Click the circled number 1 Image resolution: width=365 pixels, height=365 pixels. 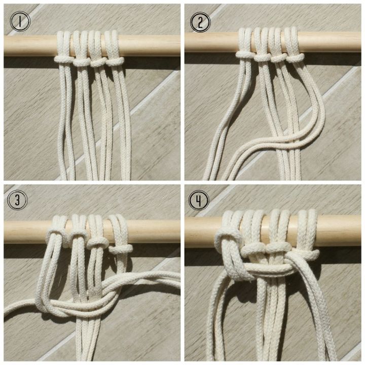20,21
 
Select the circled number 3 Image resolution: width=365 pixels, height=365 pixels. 18,200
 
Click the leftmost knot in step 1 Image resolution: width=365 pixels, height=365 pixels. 64,59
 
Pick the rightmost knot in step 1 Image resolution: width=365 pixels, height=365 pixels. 115,61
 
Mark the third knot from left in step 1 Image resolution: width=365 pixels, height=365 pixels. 98,61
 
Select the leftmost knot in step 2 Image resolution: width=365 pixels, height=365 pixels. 245,54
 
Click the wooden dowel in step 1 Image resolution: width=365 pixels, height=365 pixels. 30,45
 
